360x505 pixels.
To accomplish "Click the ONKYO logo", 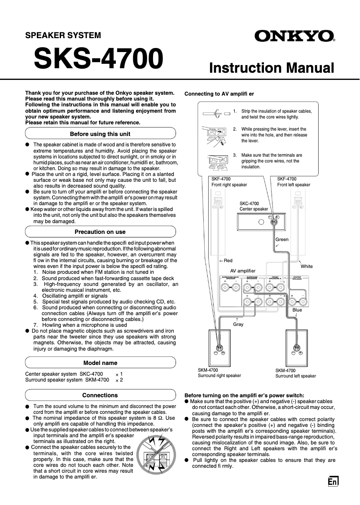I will click(295, 36).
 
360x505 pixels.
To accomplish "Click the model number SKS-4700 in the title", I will click(98, 59).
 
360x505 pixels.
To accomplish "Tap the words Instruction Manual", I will click(272, 68).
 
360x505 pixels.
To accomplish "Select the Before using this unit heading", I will click(100, 134).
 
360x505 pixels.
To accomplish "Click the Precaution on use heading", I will click(100, 232).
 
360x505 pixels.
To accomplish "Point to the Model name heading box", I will click(100, 363).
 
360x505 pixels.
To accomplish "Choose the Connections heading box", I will click(100, 395).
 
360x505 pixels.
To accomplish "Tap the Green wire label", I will click(282, 239).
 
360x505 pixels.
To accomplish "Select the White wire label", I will click(307, 266).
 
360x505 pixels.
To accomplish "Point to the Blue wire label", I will click(297, 310).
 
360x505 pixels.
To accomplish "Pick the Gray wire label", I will click(238, 324).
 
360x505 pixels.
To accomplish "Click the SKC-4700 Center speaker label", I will click(254, 206).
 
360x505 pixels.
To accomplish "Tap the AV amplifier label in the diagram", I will click(243, 271).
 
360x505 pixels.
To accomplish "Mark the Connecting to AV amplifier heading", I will click(219, 94).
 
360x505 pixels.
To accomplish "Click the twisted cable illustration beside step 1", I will click(216, 114).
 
